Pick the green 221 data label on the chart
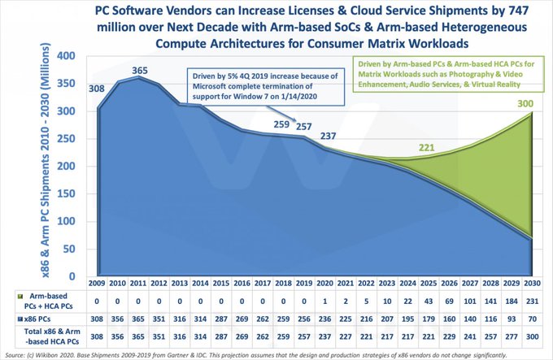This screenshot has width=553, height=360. point(427,147)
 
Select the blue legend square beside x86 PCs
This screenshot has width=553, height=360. point(13,317)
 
